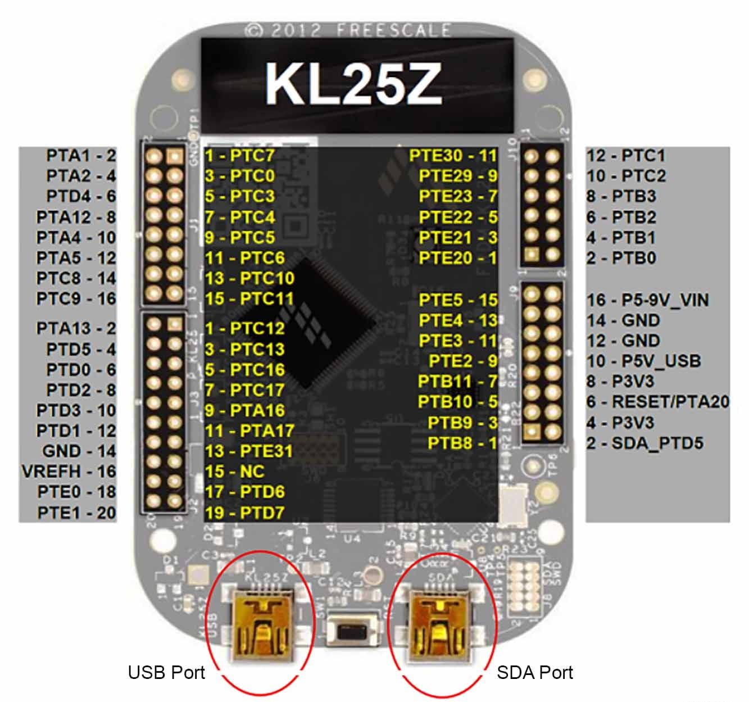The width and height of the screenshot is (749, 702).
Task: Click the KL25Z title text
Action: [353, 83]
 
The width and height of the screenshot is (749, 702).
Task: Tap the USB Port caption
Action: [166, 672]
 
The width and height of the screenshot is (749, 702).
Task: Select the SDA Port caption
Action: [534, 672]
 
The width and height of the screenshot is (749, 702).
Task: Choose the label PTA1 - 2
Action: [81, 156]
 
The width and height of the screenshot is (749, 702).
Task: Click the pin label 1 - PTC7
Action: [239, 156]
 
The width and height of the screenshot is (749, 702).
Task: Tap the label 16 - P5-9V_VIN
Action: [647, 300]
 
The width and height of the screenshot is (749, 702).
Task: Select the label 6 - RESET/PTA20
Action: [657, 402]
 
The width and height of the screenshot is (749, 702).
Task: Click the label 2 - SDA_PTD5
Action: [644, 443]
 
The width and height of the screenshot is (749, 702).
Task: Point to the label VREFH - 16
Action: [69, 472]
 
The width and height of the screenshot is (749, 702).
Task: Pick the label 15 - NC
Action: [234, 472]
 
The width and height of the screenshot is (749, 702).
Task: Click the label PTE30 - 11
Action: [453, 156]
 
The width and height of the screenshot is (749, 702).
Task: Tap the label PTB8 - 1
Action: [462, 443]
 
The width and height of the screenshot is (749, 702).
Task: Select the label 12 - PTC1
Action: [625, 156]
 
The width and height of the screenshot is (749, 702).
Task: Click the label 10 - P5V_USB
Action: [643, 361]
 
